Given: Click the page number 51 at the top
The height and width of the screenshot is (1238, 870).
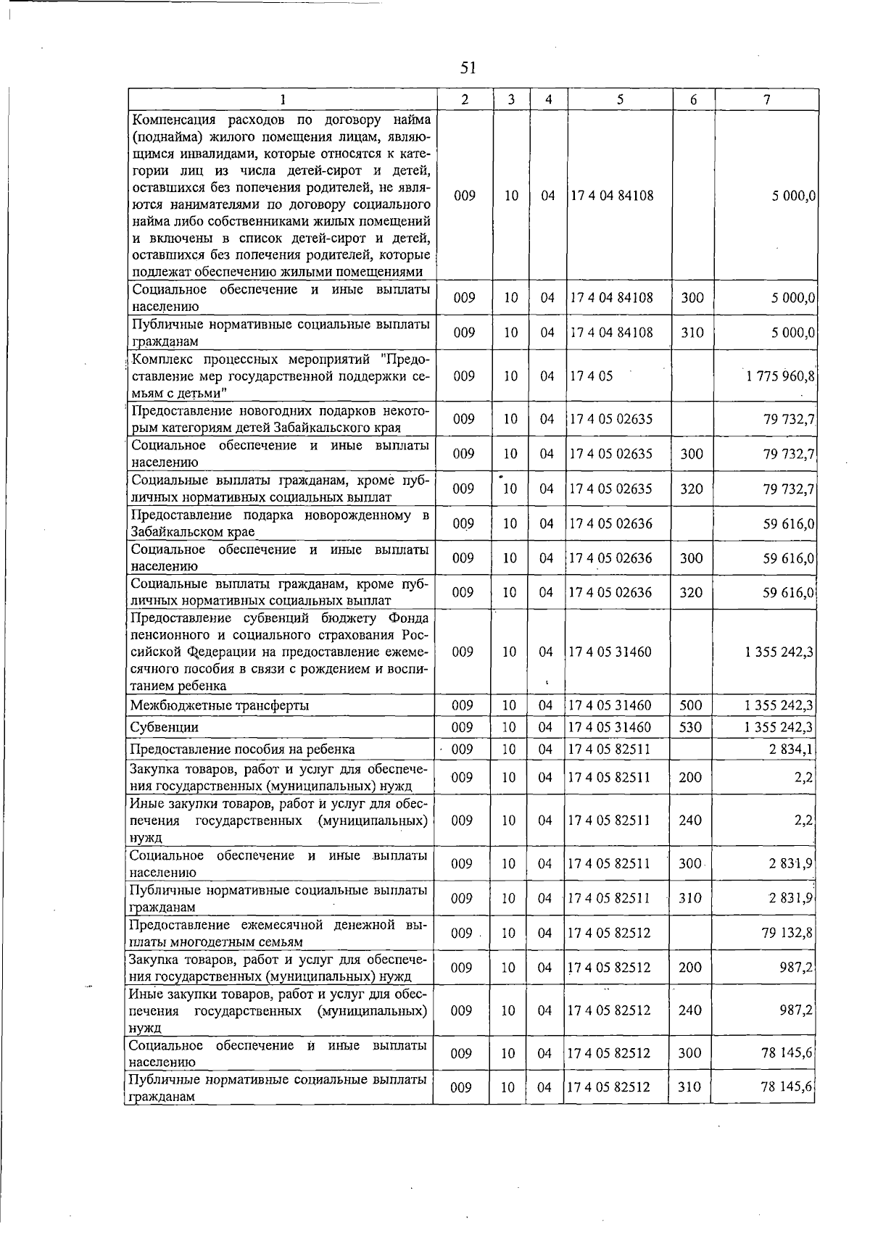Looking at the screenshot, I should click(x=468, y=68).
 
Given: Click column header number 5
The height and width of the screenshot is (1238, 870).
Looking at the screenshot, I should click(x=621, y=100).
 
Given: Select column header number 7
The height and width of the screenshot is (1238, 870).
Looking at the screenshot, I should click(x=766, y=100).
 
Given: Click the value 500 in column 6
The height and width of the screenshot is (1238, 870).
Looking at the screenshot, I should click(x=689, y=705).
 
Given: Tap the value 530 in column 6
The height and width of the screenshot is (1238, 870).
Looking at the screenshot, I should click(x=689, y=727).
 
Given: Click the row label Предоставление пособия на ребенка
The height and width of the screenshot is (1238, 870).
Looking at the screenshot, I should click(x=242, y=749).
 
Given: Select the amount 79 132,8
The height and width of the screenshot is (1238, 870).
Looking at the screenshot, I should click(x=787, y=933).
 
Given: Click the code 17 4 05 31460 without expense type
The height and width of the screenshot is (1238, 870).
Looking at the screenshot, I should click(x=610, y=652).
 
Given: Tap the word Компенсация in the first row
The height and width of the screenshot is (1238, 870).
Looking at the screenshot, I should click(x=171, y=119).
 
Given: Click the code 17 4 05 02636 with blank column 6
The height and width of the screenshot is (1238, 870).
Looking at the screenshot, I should click(x=610, y=523).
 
